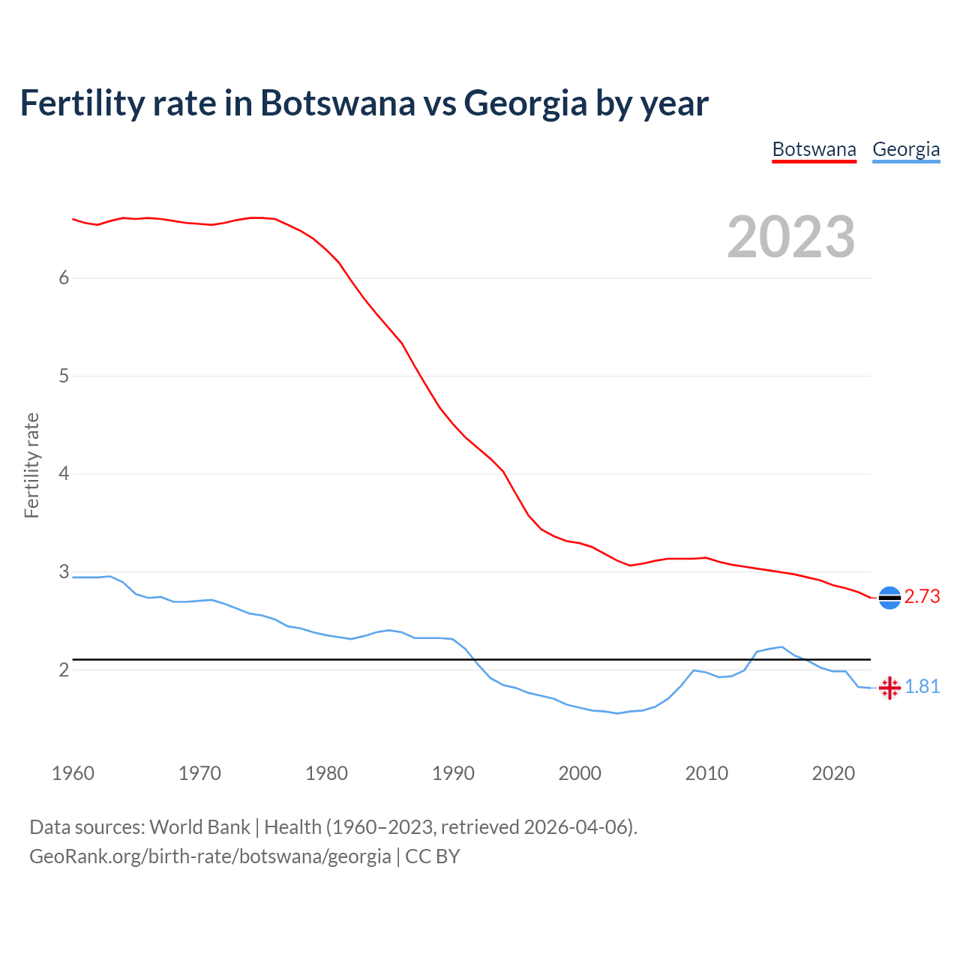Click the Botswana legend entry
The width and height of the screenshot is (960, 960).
814,149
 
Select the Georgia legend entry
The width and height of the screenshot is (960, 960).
905,149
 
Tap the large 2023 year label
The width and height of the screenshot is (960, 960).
791,237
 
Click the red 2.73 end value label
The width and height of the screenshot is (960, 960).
922,597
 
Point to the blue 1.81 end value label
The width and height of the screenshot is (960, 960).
922,687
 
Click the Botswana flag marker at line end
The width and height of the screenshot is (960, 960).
889,598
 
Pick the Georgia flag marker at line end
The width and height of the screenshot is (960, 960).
889,688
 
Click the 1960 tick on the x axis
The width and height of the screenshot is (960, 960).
73,773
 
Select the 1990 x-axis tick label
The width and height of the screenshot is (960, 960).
453,773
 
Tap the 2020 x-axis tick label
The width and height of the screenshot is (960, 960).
833,773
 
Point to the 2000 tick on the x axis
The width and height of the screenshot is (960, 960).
580,773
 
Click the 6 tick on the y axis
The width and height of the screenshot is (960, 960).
64,278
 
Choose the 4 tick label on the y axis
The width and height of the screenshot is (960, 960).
64,474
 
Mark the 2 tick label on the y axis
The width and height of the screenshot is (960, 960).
64,670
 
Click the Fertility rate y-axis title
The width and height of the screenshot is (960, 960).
31,465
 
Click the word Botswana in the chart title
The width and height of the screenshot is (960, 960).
337,103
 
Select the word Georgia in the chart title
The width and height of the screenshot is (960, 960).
525,103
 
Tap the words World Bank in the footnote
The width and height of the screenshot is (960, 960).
199,827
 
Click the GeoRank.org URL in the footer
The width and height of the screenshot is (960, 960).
210,856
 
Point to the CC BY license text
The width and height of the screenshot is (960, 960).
433,856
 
